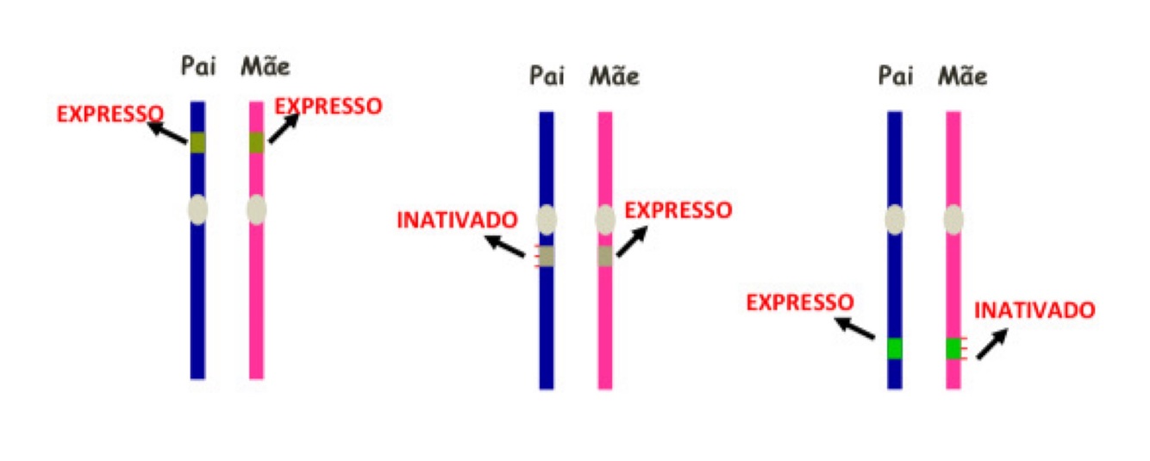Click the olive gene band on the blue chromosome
click(198, 143)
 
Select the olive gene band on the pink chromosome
click(256, 143)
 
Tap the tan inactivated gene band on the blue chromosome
click(547, 256)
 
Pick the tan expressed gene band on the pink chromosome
click(605, 256)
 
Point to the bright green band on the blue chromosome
click(895, 348)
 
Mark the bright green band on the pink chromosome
click(953, 348)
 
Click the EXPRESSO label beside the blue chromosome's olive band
click(110, 114)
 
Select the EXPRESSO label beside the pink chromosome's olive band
click(328, 106)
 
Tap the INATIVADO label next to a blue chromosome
click(457, 219)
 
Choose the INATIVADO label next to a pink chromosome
click(1034, 310)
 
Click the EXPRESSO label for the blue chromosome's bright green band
click(800, 302)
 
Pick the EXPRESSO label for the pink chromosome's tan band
click(678, 210)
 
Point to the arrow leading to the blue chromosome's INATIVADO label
click(505, 246)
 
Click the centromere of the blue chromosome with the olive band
click(198, 209)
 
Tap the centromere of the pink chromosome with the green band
click(953, 220)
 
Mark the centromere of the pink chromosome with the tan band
click(605, 220)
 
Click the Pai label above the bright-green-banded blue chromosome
click(895, 77)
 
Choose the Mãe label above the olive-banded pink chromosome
click(265, 66)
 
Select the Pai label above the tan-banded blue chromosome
click(547, 77)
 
